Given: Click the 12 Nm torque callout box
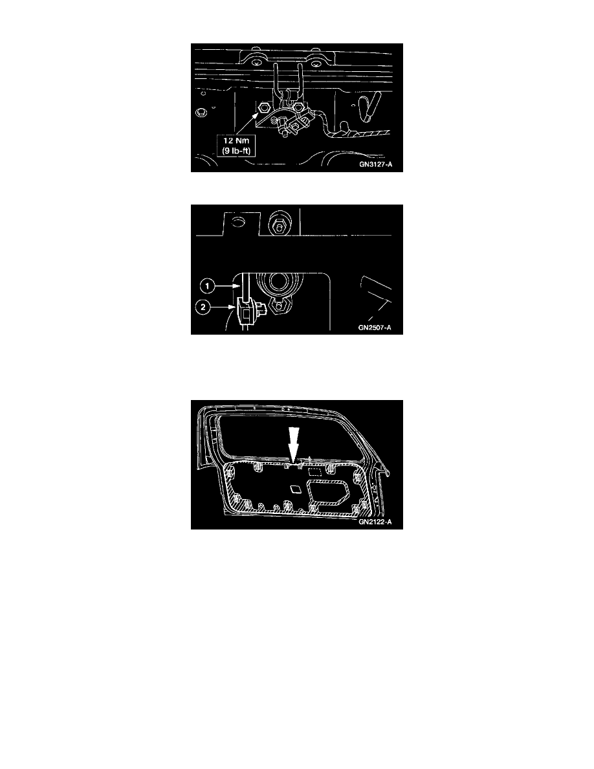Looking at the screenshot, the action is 236,146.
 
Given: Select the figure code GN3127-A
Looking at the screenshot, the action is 375,165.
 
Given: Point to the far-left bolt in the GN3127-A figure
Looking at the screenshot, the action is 201,113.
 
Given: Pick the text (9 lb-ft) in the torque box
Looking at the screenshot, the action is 236,151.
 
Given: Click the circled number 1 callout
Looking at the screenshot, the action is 207,286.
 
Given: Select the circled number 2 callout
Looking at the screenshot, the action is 203,307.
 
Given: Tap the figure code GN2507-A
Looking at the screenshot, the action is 375,328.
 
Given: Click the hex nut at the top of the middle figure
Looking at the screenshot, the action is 278,226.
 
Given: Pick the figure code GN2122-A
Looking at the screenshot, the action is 375,522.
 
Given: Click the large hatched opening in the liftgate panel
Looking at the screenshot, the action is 326,493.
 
